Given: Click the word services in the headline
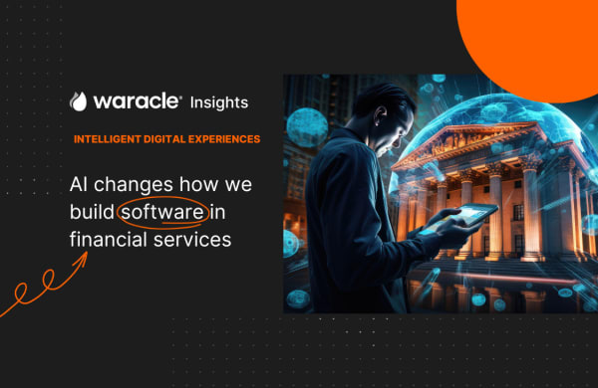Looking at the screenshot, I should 189,238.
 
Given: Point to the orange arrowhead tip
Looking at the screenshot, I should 86,256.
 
